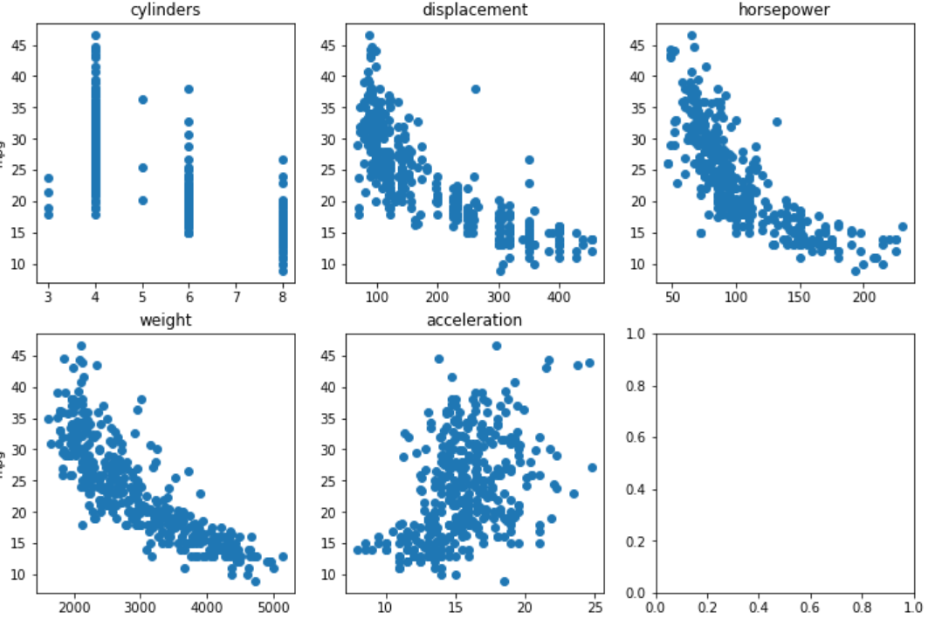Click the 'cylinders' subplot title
click(166, 10)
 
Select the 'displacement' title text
click(474, 10)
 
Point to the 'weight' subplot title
click(166, 320)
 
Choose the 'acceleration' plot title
click(474, 320)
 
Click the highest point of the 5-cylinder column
click(142, 100)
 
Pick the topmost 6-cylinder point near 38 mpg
click(189, 89)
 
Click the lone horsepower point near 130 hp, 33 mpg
click(776, 122)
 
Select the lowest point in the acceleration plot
click(505, 581)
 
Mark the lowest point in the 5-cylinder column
click(142, 200)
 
